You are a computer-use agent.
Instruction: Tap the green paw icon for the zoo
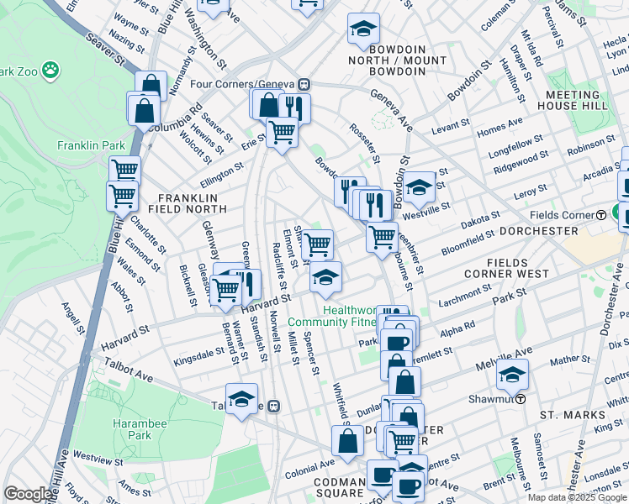click(51, 70)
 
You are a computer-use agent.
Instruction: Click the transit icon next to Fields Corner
click(601, 214)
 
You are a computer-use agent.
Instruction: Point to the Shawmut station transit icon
click(521, 399)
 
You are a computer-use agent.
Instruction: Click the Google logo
click(28, 494)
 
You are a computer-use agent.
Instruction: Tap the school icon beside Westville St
click(418, 189)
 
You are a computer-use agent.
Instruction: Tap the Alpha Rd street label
click(457, 327)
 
